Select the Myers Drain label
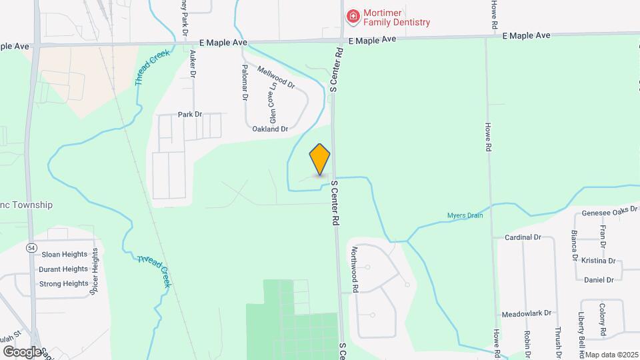(465, 215)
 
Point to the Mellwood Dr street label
(275, 77)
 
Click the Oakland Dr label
(270, 129)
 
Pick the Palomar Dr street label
(245, 83)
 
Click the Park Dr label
(189, 115)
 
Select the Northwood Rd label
(355, 270)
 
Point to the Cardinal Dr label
(522, 237)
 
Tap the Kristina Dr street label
(598, 261)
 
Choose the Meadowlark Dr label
(527, 313)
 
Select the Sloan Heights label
(65, 254)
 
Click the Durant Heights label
(63, 269)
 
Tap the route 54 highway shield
(31, 247)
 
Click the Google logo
(22, 351)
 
